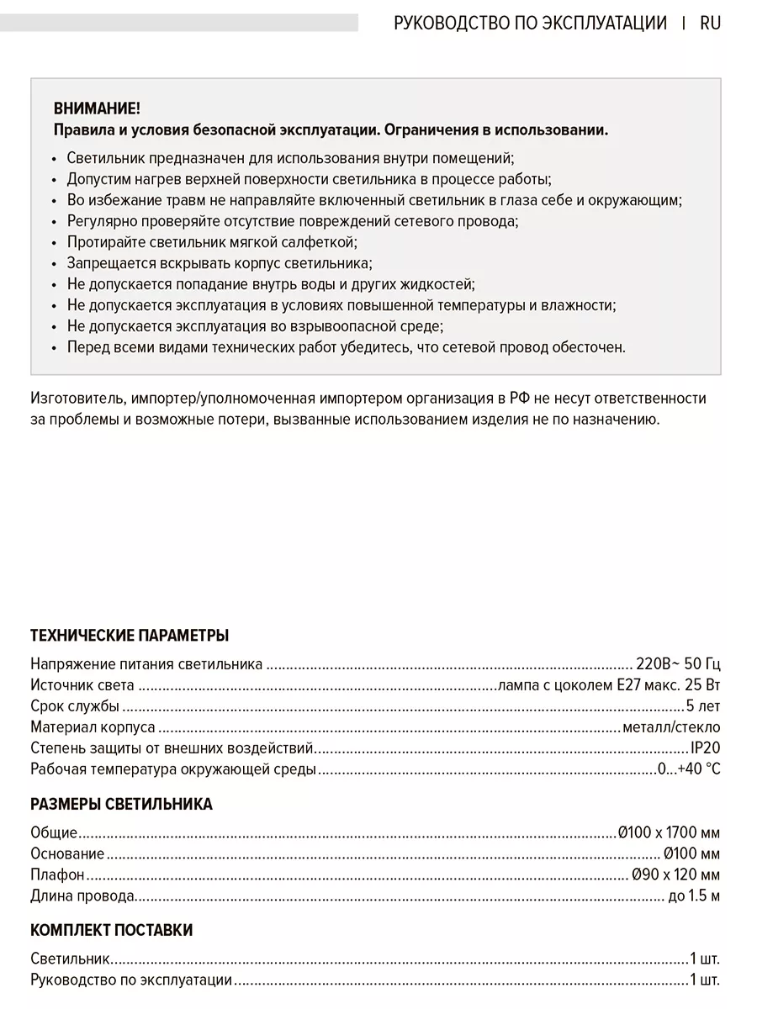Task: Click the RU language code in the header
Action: [710, 23]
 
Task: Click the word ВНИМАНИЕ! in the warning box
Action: [97, 108]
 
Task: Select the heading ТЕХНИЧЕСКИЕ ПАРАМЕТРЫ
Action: [130, 635]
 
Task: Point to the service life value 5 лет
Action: [703, 705]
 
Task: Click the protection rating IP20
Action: [705, 748]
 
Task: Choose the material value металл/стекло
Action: [671, 726]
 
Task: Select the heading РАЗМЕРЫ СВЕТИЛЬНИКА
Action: [121, 804]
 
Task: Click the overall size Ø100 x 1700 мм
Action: [669, 832]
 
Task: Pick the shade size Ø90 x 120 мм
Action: [675, 874]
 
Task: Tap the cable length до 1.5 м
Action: [694, 895]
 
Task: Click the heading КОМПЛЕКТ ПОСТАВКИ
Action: [111, 930]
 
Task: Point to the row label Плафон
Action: [57, 874]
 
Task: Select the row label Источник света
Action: [82, 684]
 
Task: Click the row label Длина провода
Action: [82, 895]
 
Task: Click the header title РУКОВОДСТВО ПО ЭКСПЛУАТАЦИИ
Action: [530, 23]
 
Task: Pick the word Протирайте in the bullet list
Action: [104, 242]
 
